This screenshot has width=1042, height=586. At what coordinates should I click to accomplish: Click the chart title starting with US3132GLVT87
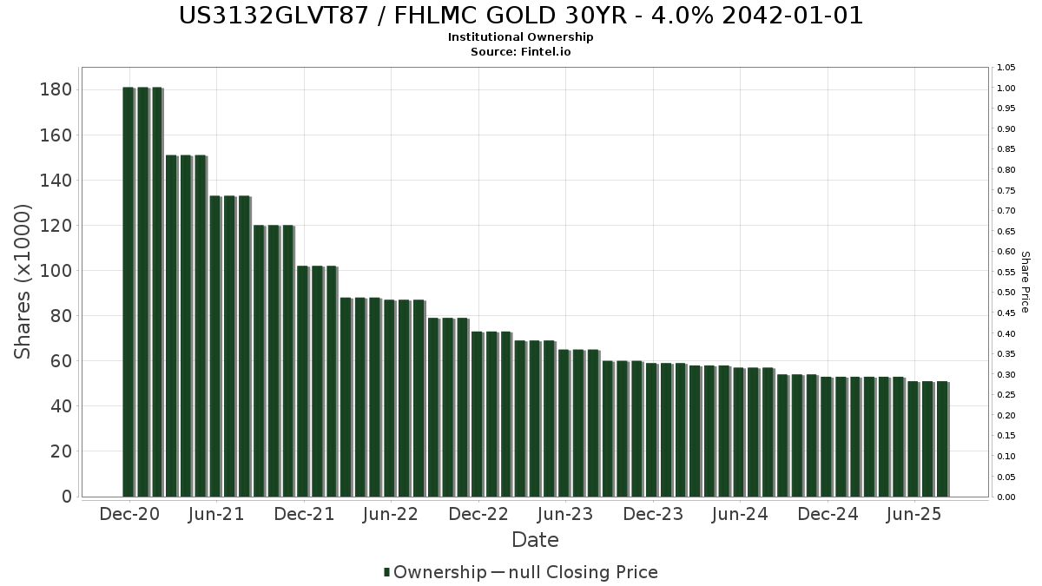pyautogui.click(x=521, y=16)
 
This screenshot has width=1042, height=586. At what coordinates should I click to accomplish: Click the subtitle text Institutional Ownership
pyautogui.click(x=521, y=37)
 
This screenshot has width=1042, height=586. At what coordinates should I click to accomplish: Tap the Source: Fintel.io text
pyautogui.click(x=521, y=51)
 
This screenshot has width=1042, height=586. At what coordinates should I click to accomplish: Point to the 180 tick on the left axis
pyautogui.click(x=56, y=90)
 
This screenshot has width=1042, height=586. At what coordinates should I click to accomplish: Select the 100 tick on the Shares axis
pyautogui.click(x=56, y=271)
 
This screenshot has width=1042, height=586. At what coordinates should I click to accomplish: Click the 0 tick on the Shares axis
pyautogui.click(x=66, y=497)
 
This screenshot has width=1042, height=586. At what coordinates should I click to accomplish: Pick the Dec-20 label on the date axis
pyautogui.click(x=129, y=515)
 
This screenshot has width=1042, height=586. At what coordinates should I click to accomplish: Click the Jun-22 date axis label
pyautogui.click(x=391, y=515)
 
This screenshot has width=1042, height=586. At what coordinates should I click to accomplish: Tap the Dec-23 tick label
pyautogui.click(x=653, y=515)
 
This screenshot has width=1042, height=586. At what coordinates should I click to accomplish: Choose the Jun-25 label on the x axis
pyautogui.click(x=914, y=515)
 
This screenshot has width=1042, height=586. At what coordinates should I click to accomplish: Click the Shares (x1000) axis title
pyautogui.click(x=23, y=281)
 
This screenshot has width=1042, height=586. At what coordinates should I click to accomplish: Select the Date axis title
pyautogui.click(x=535, y=540)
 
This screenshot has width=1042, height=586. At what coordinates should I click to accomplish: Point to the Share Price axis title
pyautogui.click(x=1025, y=282)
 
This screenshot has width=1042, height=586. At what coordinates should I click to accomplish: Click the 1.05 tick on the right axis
pyautogui.click(x=1006, y=68)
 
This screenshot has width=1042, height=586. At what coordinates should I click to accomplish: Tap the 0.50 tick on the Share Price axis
pyautogui.click(x=1006, y=293)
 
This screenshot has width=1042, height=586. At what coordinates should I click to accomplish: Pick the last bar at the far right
pyautogui.click(x=942, y=439)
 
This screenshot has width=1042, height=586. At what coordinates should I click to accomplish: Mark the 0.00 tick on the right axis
pyautogui.click(x=1006, y=497)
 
